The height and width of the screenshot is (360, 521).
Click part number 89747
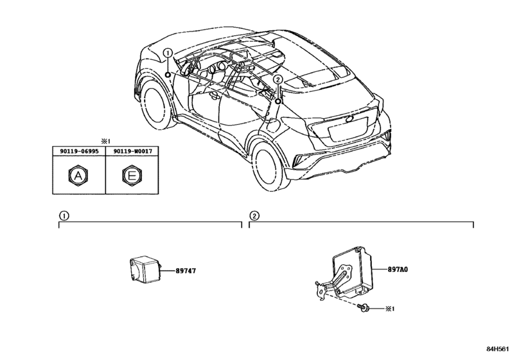tap(186, 271)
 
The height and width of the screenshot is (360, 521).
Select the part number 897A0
tap(398, 269)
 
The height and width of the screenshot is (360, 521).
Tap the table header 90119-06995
tap(79, 151)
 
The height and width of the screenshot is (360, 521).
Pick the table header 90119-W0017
tap(132, 151)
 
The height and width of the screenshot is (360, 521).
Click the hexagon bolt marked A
tap(78, 175)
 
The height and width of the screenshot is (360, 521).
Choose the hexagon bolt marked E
tap(132, 175)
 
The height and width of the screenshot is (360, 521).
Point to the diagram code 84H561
tap(497, 349)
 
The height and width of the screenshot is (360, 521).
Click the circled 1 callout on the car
tap(168, 53)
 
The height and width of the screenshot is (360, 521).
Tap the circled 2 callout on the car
tap(278, 79)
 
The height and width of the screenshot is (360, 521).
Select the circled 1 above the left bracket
tap(64, 216)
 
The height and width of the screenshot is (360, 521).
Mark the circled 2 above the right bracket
tap(254, 216)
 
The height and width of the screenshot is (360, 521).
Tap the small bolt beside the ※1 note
tap(364, 309)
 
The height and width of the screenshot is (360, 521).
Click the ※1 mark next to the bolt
tap(390, 309)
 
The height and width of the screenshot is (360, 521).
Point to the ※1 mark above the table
tap(105, 141)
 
